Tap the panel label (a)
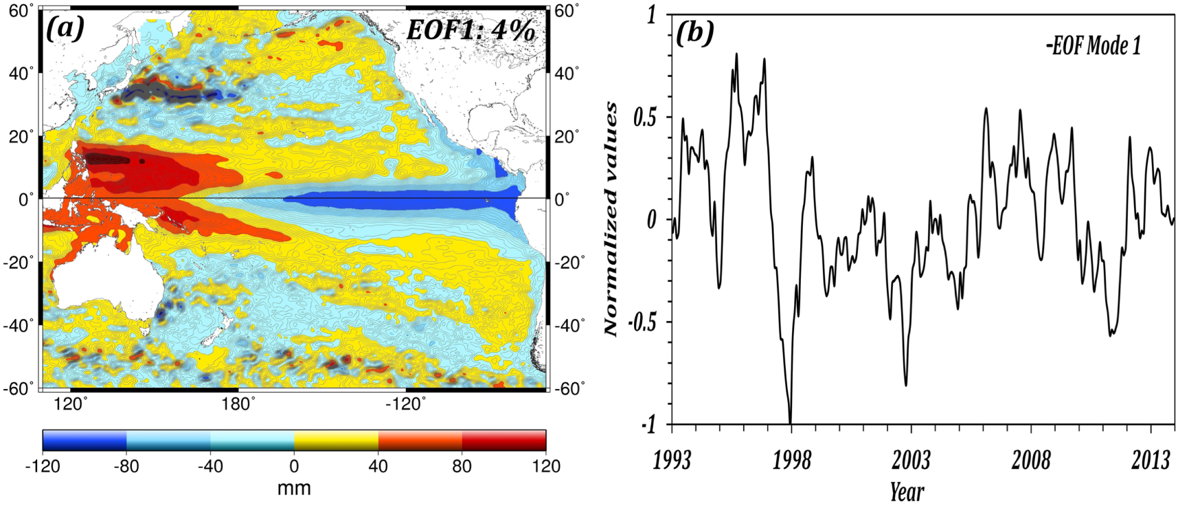(x=65, y=28)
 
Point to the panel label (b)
(x=694, y=32)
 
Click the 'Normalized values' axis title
(x=611, y=219)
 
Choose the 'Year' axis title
(x=907, y=492)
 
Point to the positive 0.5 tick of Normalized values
(x=644, y=117)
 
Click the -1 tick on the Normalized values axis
(x=648, y=425)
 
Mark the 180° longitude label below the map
(x=238, y=404)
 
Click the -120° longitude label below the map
(x=405, y=404)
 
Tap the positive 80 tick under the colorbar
(x=462, y=466)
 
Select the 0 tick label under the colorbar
(x=294, y=466)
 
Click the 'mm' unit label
(x=294, y=488)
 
